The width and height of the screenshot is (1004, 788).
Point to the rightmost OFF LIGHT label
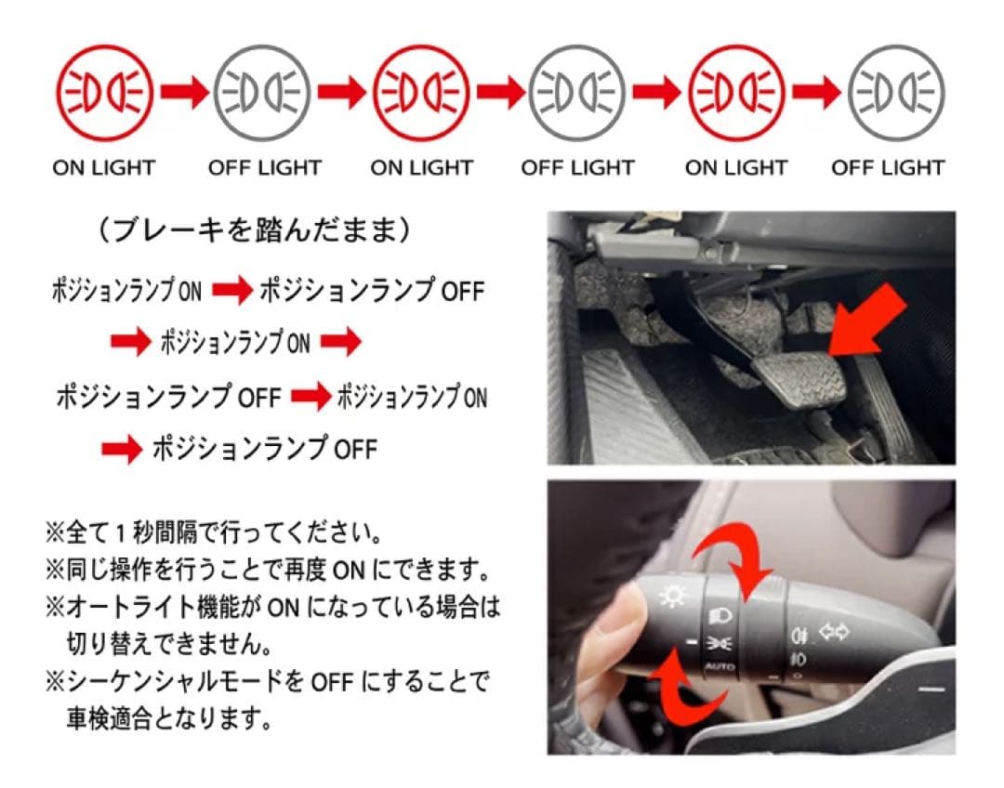pyautogui.click(x=888, y=168)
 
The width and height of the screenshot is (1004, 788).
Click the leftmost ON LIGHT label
pyautogui.click(x=103, y=168)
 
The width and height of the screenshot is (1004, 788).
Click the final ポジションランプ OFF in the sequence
pyautogui.click(x=264, y=450)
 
